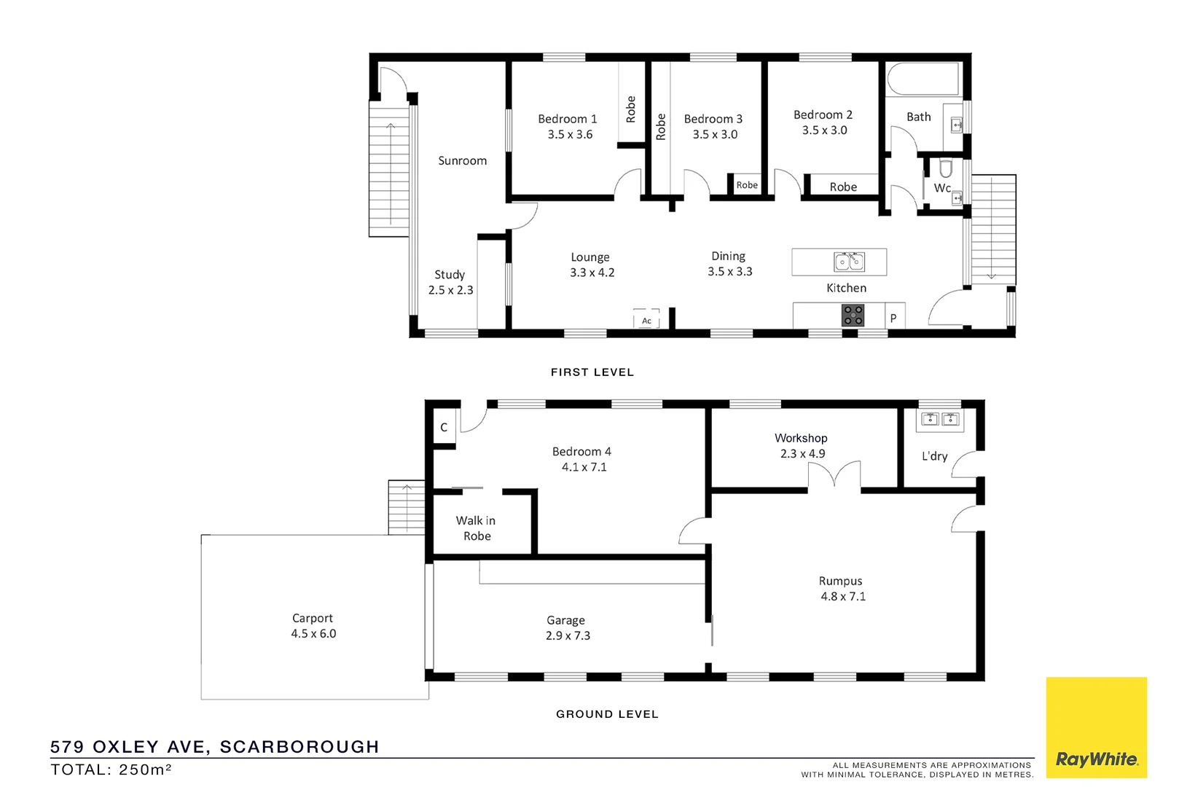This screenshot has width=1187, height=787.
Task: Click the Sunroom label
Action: [462, 161]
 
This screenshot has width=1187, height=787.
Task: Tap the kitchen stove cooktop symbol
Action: [853, 316]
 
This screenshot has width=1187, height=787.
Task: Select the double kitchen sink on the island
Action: [849, 261]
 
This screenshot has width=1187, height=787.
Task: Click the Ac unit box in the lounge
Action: [646, 321]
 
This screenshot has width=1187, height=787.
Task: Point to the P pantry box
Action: [894, 318]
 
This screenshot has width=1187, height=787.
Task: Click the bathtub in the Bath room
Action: [922, 79]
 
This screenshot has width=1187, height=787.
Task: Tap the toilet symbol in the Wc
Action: [946, 170]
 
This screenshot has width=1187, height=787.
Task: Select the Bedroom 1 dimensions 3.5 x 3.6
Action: [570, 135]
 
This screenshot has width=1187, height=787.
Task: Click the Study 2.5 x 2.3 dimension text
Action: [450, 290]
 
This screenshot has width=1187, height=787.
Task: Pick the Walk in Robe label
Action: [476, 528]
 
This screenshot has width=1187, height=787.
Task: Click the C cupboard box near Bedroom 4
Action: [444, 428]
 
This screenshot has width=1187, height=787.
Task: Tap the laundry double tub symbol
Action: [939, 419]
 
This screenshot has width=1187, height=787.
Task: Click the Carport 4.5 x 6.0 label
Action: [313, 626]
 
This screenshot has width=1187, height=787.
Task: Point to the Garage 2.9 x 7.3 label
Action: [567, 628]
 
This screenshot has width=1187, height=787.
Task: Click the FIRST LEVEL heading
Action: [592, 372]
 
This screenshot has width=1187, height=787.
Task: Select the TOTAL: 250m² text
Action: [111, 770]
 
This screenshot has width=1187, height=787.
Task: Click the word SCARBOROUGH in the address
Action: [299, 747]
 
